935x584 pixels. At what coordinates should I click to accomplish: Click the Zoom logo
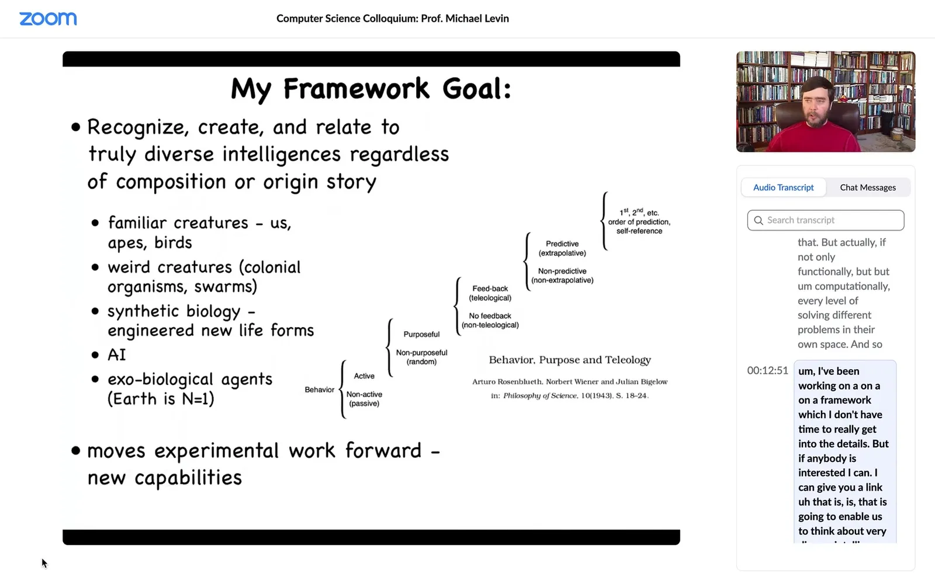pos(48,19)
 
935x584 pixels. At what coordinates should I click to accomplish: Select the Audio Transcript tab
pos(783,187)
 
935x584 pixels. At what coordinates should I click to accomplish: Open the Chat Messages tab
pos(868,187)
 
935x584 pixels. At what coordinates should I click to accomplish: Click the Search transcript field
pos(826,220)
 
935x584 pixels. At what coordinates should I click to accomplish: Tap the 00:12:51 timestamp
pos(767,370)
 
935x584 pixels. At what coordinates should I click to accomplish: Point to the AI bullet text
pos(116,354)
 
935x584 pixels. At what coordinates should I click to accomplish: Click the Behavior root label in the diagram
pos(319,390)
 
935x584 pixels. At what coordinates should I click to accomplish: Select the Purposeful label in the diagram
pos(421,334)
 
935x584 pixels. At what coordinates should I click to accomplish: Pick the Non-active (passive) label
pos(364,399)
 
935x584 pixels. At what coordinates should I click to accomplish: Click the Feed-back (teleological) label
pos(490,293)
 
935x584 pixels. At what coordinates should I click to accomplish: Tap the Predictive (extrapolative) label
pos(562,248)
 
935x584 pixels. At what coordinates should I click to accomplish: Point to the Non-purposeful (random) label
pos(421,357)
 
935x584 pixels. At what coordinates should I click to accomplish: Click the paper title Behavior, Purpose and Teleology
pos(570,360)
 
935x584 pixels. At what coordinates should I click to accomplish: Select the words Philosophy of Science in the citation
pos(540,395)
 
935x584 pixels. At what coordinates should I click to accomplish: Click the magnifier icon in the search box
pos(759,220)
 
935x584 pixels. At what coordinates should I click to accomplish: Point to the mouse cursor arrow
pos(44,564)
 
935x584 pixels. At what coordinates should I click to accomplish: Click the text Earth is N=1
pos(161,399)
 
